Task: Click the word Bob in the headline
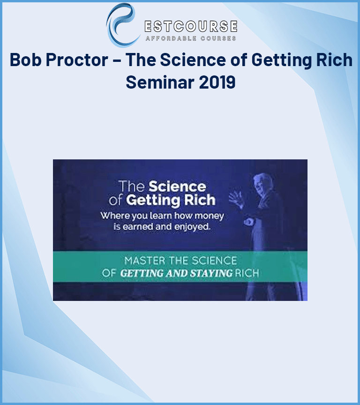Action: (x=25, y=60)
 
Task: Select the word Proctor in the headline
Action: (x=77, y=60)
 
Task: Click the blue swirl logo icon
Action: (x=121, y=25)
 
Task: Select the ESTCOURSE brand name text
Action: (x=191, y=26)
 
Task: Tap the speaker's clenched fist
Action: (x=249, y=222)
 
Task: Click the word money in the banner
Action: (x=209, y=216)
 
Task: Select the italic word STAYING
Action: (x=211, y=273)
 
